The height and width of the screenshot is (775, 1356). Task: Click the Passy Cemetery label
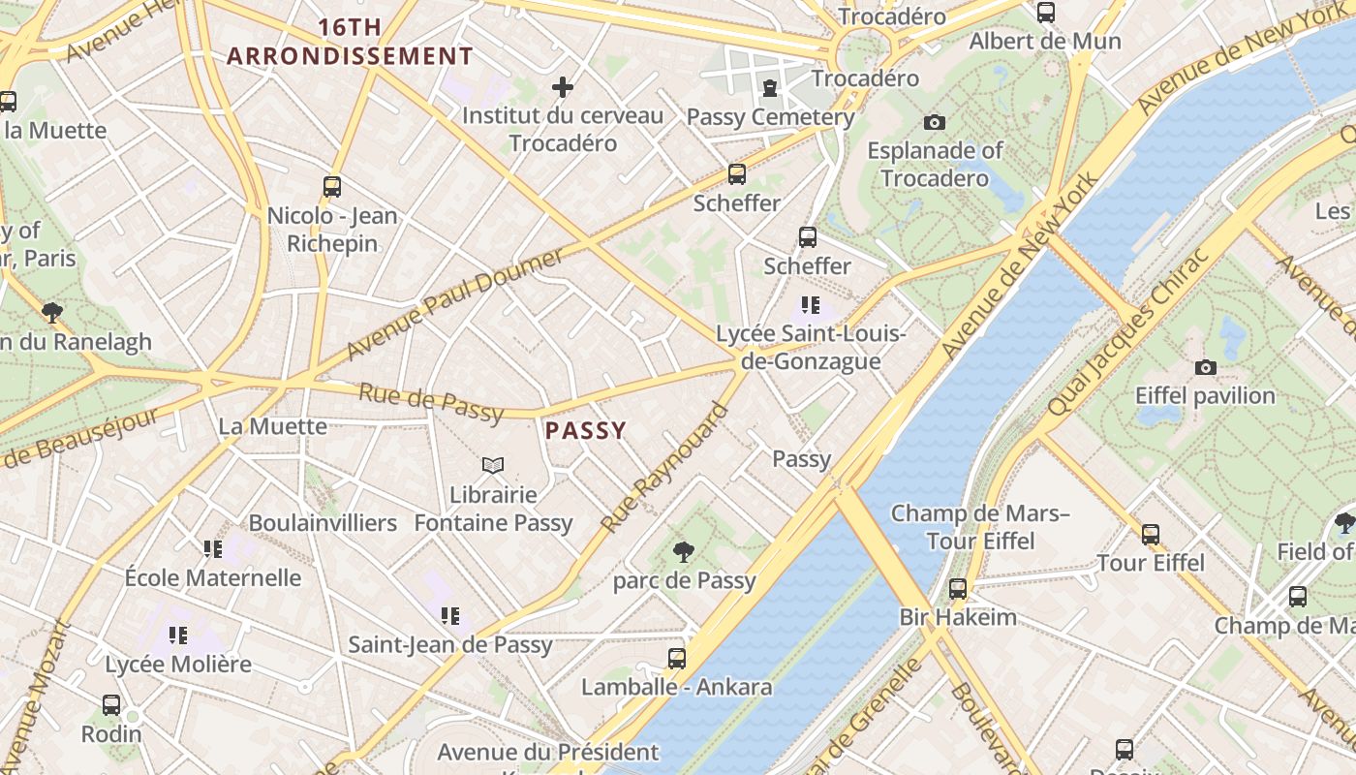770,117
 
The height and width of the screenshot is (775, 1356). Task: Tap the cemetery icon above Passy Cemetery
770,89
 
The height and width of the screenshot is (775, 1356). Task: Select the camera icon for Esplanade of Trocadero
934,122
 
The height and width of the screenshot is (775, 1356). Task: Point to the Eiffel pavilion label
1205,395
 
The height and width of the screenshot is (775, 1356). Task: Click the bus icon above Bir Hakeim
958,588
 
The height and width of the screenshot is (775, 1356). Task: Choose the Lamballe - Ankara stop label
676,687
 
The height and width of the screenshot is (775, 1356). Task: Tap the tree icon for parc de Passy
684,552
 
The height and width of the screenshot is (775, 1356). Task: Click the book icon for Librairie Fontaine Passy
493,466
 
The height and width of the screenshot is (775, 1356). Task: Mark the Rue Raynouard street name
664,467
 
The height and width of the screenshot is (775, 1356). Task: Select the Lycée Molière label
178,665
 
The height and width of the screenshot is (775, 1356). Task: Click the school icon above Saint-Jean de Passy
449,616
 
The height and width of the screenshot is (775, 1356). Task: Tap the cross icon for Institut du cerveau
563,88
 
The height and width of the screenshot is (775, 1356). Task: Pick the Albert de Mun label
1045,41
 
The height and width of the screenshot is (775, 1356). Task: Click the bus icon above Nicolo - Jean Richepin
332,187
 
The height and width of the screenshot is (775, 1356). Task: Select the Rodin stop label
111,733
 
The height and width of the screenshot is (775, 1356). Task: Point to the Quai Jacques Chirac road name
1128,333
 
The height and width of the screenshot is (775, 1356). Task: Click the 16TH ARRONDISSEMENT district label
350,42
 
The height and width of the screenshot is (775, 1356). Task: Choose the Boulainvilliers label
323,523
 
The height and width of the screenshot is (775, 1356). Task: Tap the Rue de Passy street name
431,403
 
